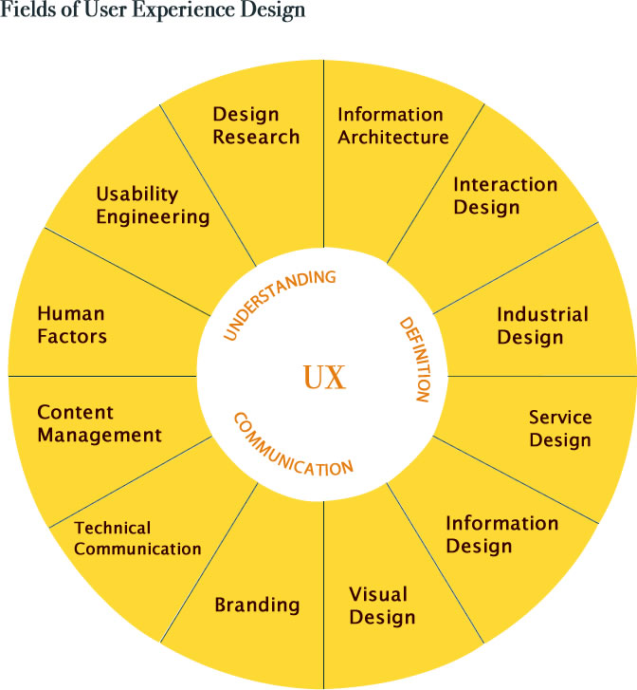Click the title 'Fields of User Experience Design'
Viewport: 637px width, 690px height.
(x=153, y=11)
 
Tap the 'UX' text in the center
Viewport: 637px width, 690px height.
(x=324, y=378)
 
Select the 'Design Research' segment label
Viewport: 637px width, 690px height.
(x=256, y=125)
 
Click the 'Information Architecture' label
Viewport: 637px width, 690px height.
(x=392, y=125)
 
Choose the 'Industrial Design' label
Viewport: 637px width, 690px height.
(x=542, y=326)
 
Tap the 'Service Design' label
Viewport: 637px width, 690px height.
(x=560, y=429)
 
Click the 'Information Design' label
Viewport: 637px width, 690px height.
(x=501, y=534)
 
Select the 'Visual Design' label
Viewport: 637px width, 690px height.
(x=381, y=606)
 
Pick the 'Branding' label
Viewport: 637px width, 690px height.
(x=257, y=605)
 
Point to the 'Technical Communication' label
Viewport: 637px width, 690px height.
(x=137, y=538)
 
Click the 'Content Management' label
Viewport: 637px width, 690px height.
(x=100, y=424)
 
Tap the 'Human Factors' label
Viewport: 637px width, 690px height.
(x=71, y=325)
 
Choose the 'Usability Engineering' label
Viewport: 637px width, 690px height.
(x=152, y=205)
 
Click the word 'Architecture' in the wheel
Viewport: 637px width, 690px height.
(x=392, y=138)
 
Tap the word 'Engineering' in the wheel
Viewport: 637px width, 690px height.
(x=152, y=217)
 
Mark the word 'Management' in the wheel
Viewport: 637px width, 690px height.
(x=100, y=436)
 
